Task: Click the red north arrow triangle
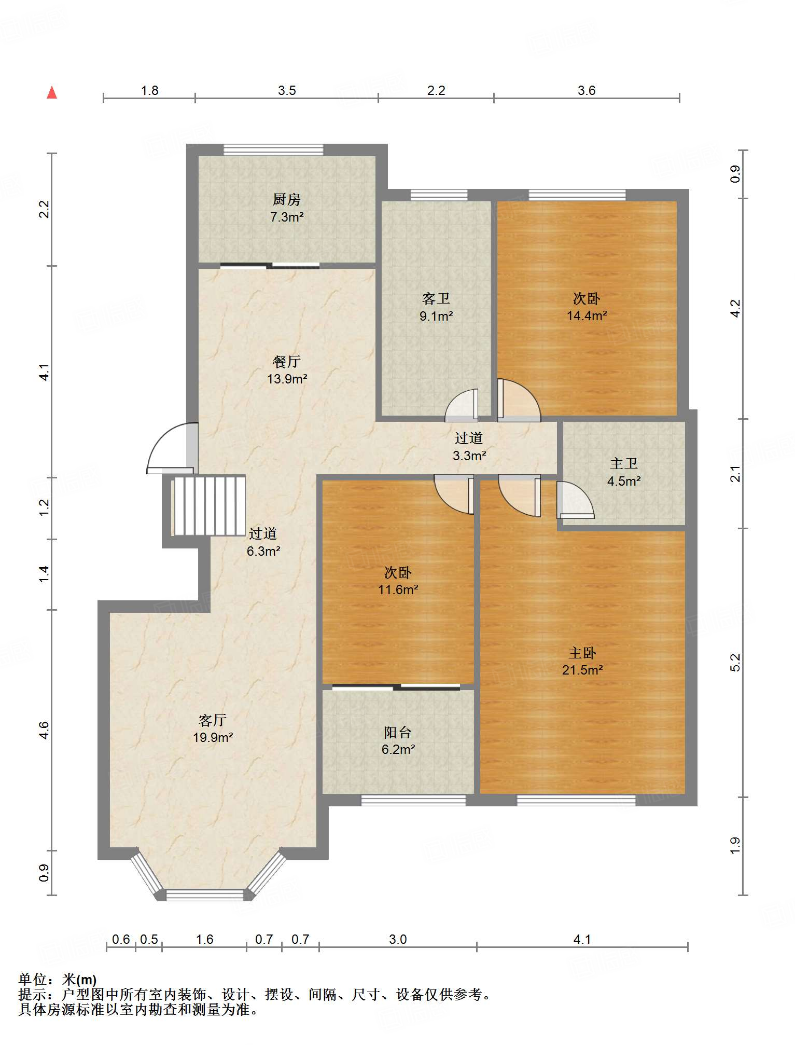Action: [x=52, y=92]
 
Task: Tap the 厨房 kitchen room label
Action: [x=286, y=199]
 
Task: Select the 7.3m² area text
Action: [x=287, y=217]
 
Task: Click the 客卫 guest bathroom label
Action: [x=436, y=299]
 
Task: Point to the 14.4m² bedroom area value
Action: [x=587, y=315]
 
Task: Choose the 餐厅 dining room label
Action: [x=287, y=362]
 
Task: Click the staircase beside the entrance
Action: [x=208, y=506]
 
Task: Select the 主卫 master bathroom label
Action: [x=623, y=463]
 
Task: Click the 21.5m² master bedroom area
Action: [x=582, y=670]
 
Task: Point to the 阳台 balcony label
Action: [x=398, y=733]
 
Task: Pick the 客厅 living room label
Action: [x=213, y=720]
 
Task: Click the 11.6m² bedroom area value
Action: [x=398, y=589]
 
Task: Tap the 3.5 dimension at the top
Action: [x=287, y=90]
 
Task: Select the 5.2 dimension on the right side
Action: [x=735, y=663]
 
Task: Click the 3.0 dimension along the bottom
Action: [x=398, y=939]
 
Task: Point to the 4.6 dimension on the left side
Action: [x=44, y=731]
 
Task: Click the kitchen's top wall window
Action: [x=273, y=150]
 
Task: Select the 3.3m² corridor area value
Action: [x=469, y=456]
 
